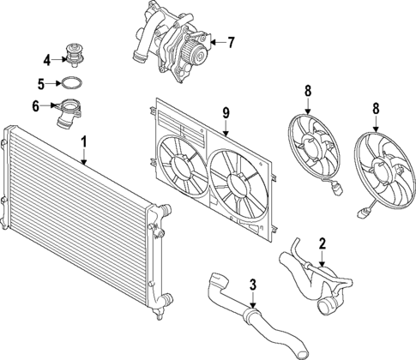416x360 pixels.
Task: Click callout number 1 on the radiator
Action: click(x=83, y=141)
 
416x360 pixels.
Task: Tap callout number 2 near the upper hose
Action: click(x=322, y=243)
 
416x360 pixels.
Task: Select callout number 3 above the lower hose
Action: click(x=252, y=285)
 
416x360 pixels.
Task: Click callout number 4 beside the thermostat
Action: click(x=47, y=59)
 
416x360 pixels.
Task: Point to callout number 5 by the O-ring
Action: click(x=40, y=84)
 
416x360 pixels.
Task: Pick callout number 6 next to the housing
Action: click(x=35, y=106)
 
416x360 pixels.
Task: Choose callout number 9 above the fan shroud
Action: click(x=226, y=111)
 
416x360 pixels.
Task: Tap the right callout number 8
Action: click(x=375, y=108)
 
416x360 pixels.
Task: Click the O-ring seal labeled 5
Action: click(x=72, y=84)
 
